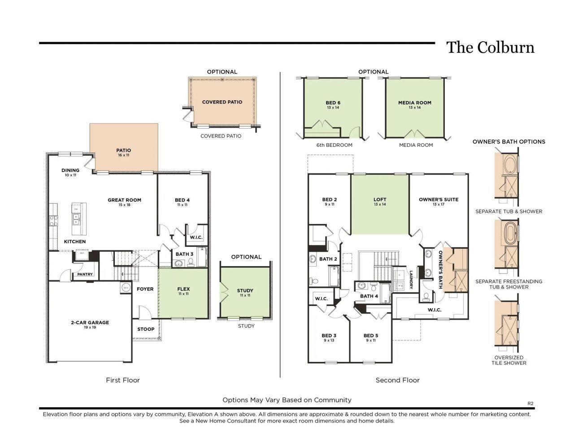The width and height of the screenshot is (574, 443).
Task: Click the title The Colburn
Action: pyautogui.click(x=490, y=47)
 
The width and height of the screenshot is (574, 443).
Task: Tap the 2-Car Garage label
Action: pyautogui.click(x=90, y=323)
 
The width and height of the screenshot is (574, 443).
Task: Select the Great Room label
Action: pyautogui.click(x=124, y=200)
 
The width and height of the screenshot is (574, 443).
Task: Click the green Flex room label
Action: pyautogui.click(x=183, y=289)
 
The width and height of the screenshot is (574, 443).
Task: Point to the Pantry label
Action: pyautogui.click(x=85, y=274)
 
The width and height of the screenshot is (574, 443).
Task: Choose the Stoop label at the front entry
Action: pyautogui.click(x=146, y=329)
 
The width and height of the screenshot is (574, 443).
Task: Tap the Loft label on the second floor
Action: pyautogui.click(x=379, y=200)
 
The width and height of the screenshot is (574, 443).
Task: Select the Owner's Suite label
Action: pyautogui.click(x=438, y=199)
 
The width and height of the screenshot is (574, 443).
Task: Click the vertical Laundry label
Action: pyautogui.click(x=411, y=280)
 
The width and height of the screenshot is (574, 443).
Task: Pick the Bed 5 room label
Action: pyautogui.click(x=370, y=335)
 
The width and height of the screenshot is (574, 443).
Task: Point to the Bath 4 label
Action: pyautogui.click(x=369, y=296)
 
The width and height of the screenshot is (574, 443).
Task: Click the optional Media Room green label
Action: pyautogui.click(x=414, y=103)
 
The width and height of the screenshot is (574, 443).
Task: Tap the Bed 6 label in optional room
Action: pyautogui.click(x=333, y=103)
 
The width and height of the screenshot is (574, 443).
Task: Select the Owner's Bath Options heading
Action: pyautogui.click(x=509, y=142)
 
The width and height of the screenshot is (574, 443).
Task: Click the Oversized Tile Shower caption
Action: pyautogui.click(x=509, y=360)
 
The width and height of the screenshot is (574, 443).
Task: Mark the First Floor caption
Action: pyautogui.click(x=122, y=380)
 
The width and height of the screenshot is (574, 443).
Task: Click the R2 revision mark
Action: pyautogui.click(x=530, y=403)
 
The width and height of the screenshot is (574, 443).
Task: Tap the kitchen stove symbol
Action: pyautogui.click(x=53, y=220)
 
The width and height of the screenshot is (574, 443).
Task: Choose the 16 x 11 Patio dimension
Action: pyautogui.click(x=123, y=155)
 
